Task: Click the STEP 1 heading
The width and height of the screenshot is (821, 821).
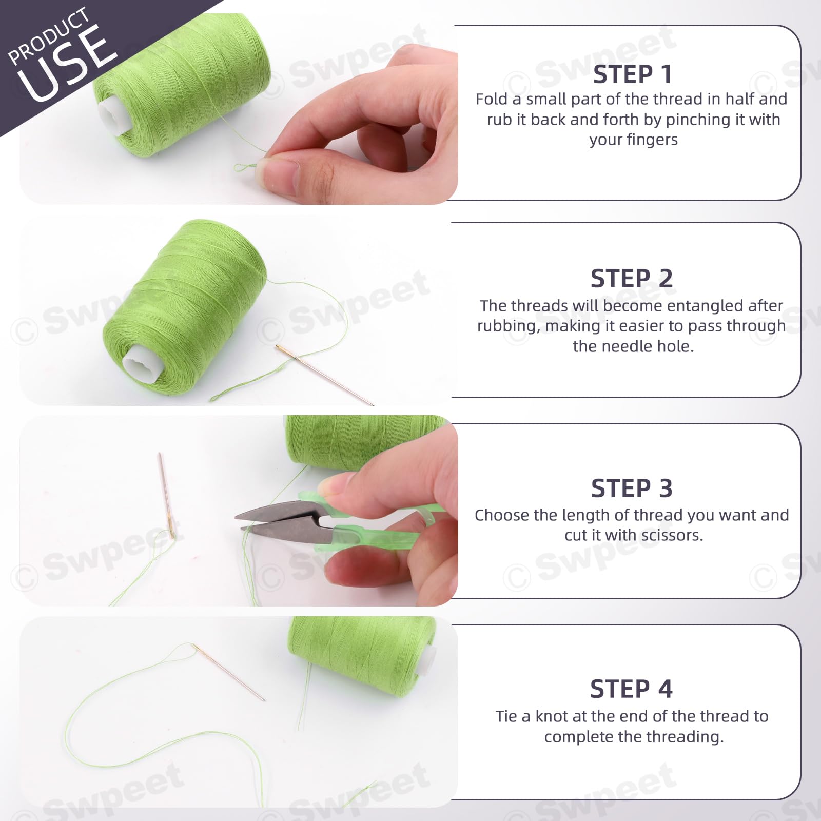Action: pyautogui.click(x=632, y=74)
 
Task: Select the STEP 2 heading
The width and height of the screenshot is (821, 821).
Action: pyautogui.click(x=632, y=279)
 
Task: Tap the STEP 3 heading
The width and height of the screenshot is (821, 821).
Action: pyautogui.click(x=632, y=488)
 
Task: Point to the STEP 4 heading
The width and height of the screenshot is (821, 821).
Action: pyautogui.click(x=631, y=689)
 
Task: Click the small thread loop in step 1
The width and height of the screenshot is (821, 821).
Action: pyautogui.click(x=245, y=167)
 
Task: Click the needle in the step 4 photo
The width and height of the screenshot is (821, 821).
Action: pyautogui.click(x=229, y=672)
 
